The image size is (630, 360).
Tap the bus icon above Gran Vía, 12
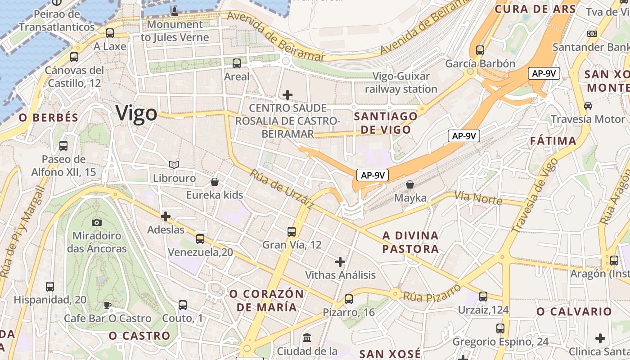[x=292, y=232]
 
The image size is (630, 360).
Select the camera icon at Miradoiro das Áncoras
[x=96, y=222]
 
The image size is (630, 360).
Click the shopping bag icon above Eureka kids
[x=215, y=182]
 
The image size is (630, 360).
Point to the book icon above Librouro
[x=174, y=165]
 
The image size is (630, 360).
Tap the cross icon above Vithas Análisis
[x=340, y=261]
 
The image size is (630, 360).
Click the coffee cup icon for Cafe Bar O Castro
[x=108, y=305]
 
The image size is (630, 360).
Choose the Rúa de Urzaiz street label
[x=282, y=189]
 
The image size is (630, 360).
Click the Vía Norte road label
[x=478, y=198]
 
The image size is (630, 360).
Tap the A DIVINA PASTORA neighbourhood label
[x=410, y=242]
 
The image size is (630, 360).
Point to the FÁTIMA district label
[x=553, y=141]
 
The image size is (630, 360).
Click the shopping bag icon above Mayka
[x=409, y=184]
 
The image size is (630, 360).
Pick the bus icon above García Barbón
[x=480, y=50]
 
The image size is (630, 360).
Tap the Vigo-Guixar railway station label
[x=401, y=83]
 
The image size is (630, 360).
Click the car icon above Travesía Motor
[x=588, y=106]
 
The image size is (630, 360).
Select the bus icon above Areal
[x=237, y=63]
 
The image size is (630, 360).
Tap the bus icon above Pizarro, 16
[x=348, y=299]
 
